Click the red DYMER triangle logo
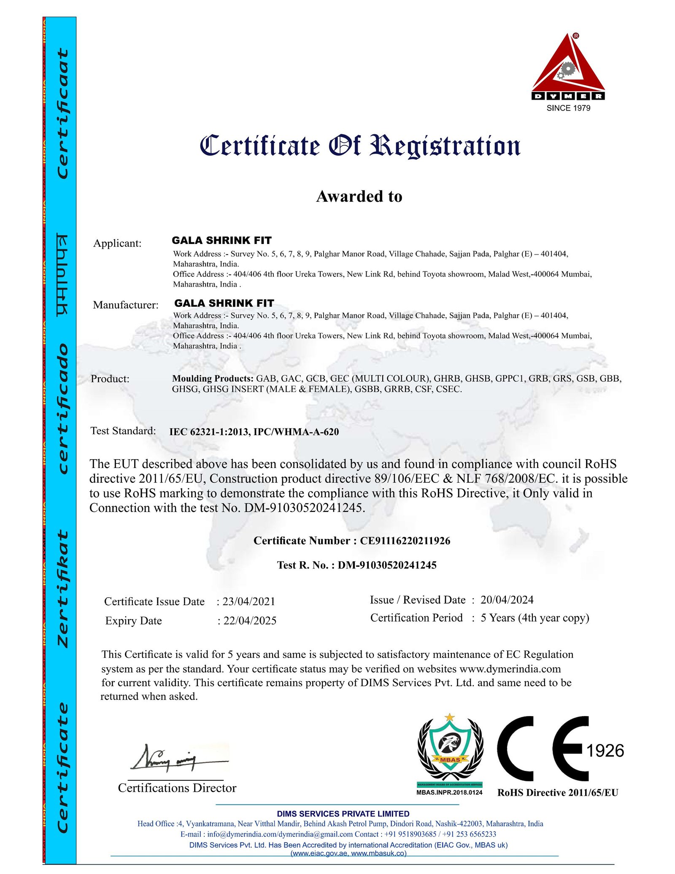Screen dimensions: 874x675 (x=568, y=68)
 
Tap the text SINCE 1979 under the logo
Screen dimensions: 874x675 (x=568, y=108)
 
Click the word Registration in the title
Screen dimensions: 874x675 (x=445, y=146)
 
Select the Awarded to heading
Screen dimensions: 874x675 (x=359, y=196)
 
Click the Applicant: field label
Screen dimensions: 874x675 (x=117, y=244)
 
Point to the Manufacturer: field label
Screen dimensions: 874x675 (x=126, y=305)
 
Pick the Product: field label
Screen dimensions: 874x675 (x=110, y=379)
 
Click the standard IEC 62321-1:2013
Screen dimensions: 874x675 (x=209, y=432)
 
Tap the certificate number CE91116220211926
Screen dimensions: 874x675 (x=405, y=541)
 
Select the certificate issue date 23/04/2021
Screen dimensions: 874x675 (x=248, y=601)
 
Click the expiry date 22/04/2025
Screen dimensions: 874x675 (x=250, y=621)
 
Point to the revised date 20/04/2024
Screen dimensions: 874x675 (x=507, y=600)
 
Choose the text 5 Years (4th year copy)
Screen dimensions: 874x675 (x=535, y=618)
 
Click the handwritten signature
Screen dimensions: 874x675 (x=177, y=760)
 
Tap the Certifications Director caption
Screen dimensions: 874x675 (x=177, y=788)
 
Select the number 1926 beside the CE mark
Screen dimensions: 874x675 (x=605, y=751)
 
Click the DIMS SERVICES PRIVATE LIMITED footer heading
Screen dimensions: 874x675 (x=343, y=814)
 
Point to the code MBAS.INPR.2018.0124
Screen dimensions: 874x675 (x=449, y=792)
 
